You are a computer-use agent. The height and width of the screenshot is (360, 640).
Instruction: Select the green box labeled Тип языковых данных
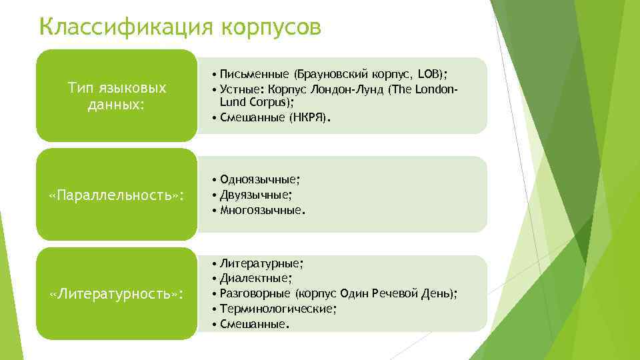(x=117, y=97)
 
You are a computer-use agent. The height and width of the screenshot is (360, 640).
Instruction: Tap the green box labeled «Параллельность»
(x=117, y=195)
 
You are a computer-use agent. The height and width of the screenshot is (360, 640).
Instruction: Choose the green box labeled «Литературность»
(x=117, y=294)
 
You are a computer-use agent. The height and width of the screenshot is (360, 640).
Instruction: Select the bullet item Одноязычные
(x=259, y=179)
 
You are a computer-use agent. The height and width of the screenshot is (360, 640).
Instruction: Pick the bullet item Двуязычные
(x=255, y=194)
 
